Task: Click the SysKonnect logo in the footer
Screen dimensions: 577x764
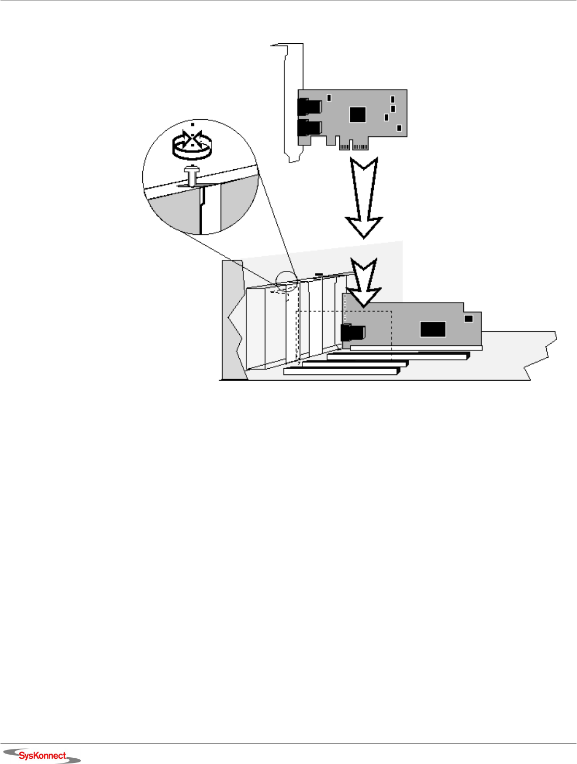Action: [x=42, y=755]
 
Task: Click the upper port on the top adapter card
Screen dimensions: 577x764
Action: [x=309, y=107]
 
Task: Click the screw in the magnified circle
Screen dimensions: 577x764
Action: [x=192, y=175]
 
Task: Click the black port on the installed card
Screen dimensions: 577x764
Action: [x=352, y=332]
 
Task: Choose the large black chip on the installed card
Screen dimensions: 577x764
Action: [x=433, y=329]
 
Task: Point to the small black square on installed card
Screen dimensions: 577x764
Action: [x=469, y=318]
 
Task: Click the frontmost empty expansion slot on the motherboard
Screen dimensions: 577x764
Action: [x=341, y=371]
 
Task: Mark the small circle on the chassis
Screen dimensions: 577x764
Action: [x=286, y=281]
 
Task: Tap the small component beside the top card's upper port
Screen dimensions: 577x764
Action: [x=329, y=97]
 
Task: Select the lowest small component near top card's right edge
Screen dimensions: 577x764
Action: [x=399, y=128]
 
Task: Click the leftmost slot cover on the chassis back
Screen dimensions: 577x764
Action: [x=255, y=328]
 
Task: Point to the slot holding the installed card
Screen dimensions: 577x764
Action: [x=416, y=348]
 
